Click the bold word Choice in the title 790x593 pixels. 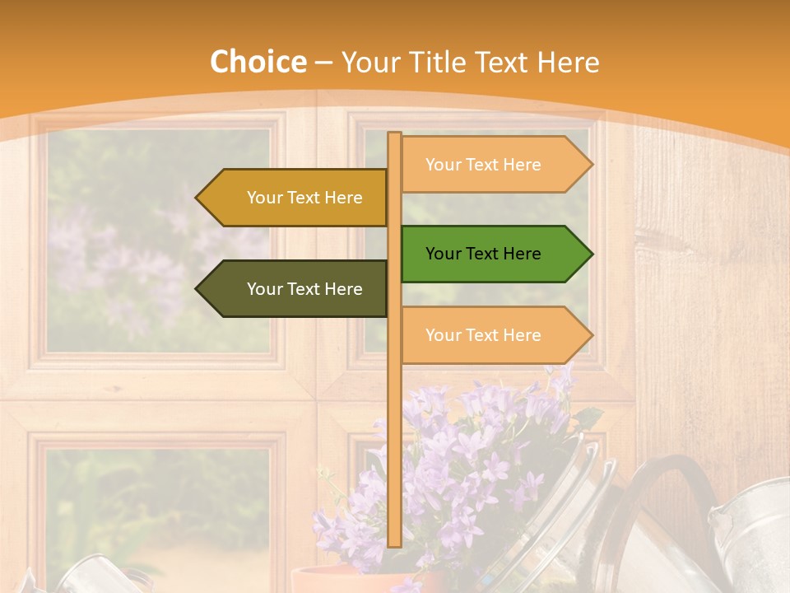pyautogui.click(x=258, y=63)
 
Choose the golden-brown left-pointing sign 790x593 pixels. pyautogui.click(x=296, y=198)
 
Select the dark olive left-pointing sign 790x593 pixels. pyautogui.click(x=296, y=289)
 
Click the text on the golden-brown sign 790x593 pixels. pyautogui.click(x=304, y=198)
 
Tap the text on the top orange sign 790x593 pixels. pyautogui.click(x=483, y=165)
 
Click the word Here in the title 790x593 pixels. pyautogui.click(x=566, y=63)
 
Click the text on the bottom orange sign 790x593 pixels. pyautogui.click(x=483, y=335)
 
